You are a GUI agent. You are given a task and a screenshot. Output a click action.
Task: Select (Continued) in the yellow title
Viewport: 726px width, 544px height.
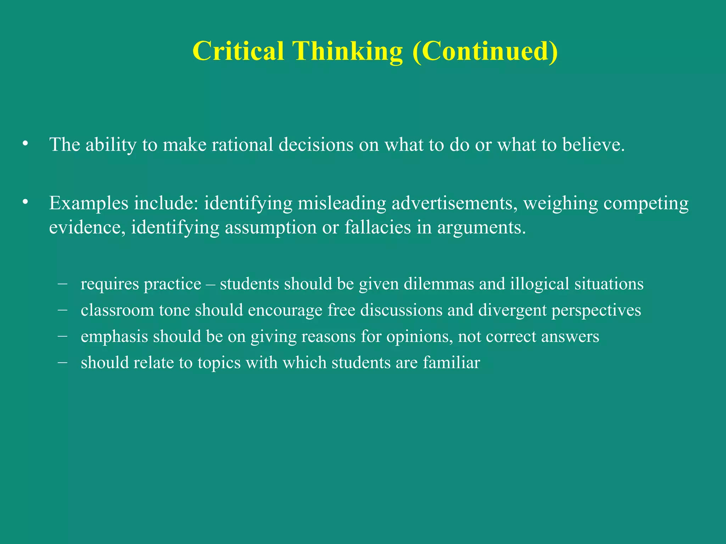[485, 51]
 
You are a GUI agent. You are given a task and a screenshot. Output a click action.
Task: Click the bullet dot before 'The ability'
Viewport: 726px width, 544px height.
[24, 143]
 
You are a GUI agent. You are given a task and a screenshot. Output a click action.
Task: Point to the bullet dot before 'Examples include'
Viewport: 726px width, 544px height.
[24, 202]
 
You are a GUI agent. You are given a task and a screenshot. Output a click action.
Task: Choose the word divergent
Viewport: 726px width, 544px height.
[512, 310]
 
